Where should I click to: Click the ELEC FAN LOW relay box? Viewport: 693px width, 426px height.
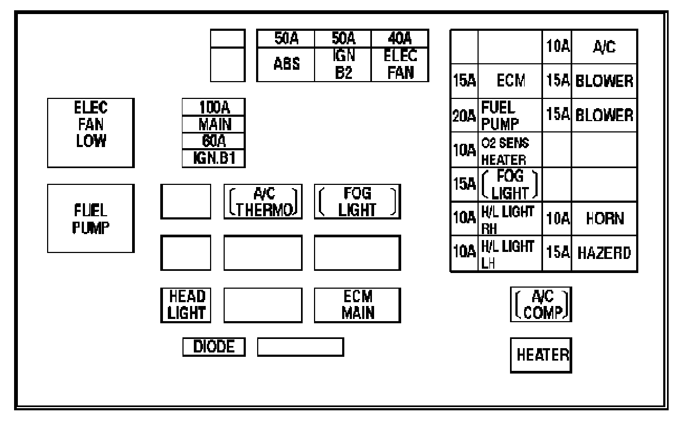[x=90, y=132]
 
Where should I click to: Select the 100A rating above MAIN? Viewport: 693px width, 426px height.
[x=214, y=106]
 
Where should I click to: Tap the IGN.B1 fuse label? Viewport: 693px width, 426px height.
[x=214, y=158]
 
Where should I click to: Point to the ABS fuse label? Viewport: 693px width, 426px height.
[x=286, y=63]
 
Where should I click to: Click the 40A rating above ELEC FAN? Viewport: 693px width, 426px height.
[x=400, y=38]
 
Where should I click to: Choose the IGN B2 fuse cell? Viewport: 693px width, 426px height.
[x=343, y=63]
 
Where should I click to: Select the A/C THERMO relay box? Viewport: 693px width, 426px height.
[x=263, y=202]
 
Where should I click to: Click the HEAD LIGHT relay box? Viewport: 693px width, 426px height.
[x=186, y=305]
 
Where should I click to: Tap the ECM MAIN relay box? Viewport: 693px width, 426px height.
[x=357, y=305]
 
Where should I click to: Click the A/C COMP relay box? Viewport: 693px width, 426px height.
[x=541, y=304]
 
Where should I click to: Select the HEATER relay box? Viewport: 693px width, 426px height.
[x=541, y=355]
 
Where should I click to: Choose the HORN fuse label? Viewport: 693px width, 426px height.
[x=604, y=219]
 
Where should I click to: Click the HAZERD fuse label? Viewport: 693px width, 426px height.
[x=604, y=254]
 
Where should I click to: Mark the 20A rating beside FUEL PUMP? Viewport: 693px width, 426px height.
[x=464, y=115]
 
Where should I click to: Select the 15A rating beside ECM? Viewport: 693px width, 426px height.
[x=464, y=81]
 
